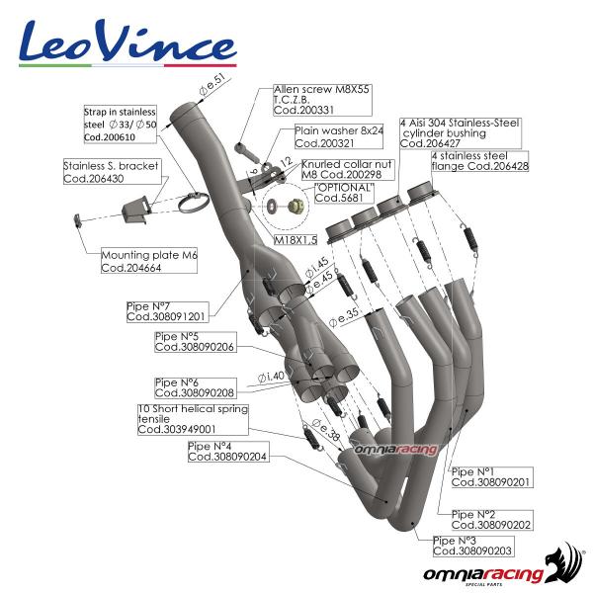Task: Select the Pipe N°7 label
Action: tap(166, 311)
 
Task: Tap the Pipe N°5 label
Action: tap(195, 342)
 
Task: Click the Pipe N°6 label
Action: tap(195, 386)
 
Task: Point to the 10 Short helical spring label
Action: tap(193, 418)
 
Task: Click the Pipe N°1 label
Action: tap(490, 477)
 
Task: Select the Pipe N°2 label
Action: tap(490, 519)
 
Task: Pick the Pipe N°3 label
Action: tap(472, 546)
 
